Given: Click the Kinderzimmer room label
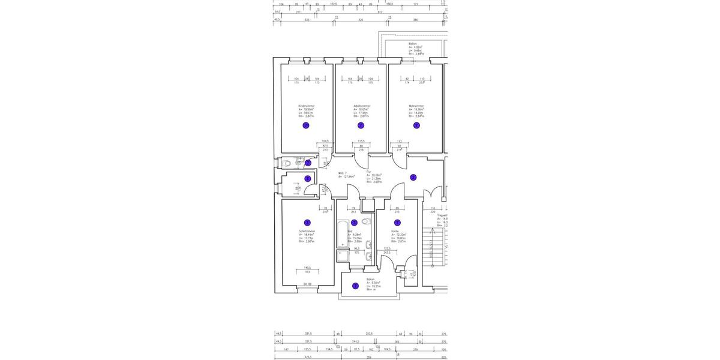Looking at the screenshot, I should coord(306,106).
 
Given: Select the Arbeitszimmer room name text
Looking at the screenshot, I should coord(362,106).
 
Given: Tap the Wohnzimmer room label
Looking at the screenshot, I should coord(416,106).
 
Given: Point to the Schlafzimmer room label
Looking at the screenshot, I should coord(307,230).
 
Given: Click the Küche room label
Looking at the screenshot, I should coord(395,230).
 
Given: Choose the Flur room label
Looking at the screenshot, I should coord(369,172).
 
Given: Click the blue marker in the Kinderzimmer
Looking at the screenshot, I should coord(306,125).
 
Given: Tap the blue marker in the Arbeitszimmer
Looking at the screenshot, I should coord(361,125).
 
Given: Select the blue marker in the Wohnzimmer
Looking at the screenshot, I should coord(416,125).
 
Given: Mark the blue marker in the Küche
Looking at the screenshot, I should coord(397,223).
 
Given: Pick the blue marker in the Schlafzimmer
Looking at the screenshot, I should coord(307,223).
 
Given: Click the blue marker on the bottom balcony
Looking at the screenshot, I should coord(355,286).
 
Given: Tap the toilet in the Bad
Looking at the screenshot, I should coord(366,221).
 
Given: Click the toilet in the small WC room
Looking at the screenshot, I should coord(286,163).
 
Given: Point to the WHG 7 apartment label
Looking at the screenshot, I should coord(343,173).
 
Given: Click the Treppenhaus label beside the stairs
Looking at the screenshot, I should coord(442,215).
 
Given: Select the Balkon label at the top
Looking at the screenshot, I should coord(413,44).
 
